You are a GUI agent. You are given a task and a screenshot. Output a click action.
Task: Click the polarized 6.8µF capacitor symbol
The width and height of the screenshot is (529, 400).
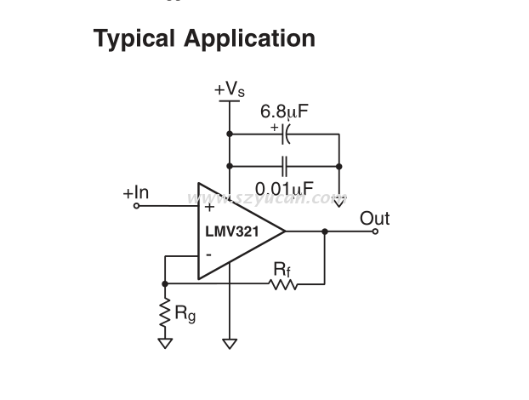[x=285, y=134]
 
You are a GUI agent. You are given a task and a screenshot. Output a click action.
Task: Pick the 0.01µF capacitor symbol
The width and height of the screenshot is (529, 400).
[x=285, y=166]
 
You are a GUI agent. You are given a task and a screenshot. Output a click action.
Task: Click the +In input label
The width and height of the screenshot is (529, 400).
[x=135, y=193]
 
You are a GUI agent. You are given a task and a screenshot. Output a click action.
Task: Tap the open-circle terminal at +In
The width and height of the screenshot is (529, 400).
[x=136, y=205]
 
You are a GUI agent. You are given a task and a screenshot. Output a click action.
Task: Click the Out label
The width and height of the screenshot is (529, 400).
[x=374, y=218]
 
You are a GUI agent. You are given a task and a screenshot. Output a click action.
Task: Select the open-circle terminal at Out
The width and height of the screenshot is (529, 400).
[x=375, y=231]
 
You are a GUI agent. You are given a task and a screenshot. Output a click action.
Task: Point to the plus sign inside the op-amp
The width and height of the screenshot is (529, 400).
[x=209, y=207]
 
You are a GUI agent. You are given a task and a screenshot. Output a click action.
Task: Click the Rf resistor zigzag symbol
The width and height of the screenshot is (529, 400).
[x=284, y=283]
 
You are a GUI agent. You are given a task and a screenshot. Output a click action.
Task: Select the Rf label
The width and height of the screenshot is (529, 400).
[x=282, y=267]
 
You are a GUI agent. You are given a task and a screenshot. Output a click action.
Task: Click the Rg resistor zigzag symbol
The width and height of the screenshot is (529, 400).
[x=165, y=312]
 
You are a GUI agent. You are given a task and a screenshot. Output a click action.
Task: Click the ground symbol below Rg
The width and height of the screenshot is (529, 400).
[x=165, y=343]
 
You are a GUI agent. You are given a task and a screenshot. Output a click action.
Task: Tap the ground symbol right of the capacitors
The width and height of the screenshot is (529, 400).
[x=339, y=202]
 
